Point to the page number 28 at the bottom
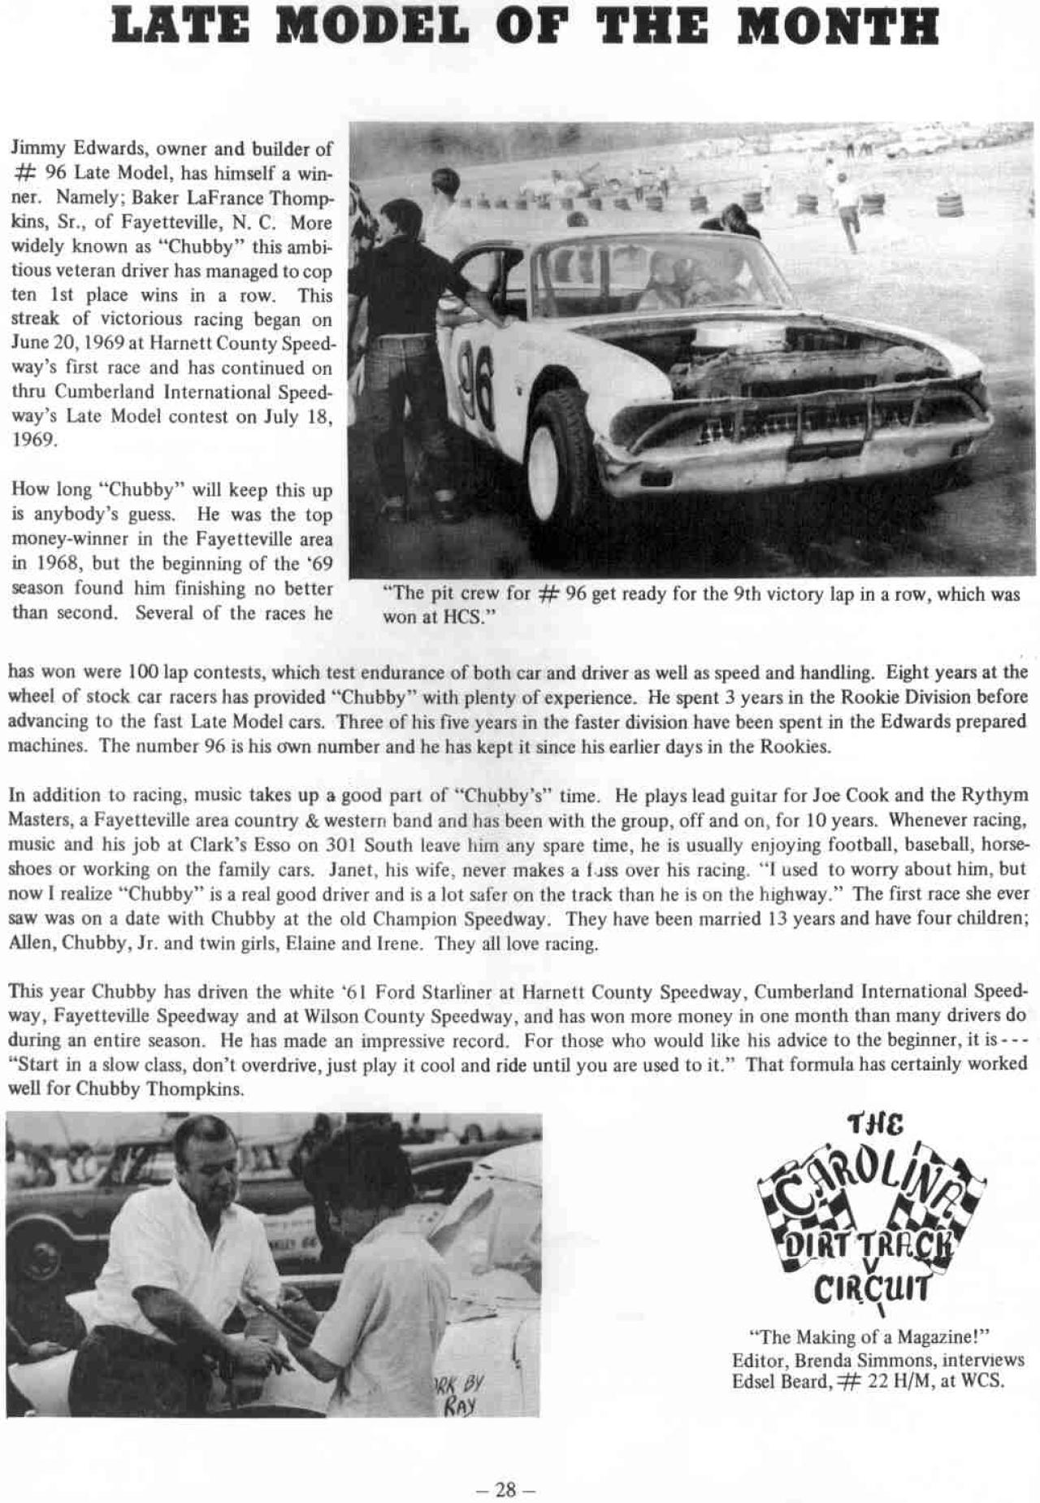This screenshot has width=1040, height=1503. point(505,1489)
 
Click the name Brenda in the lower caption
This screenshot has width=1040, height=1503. point(821,1360)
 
